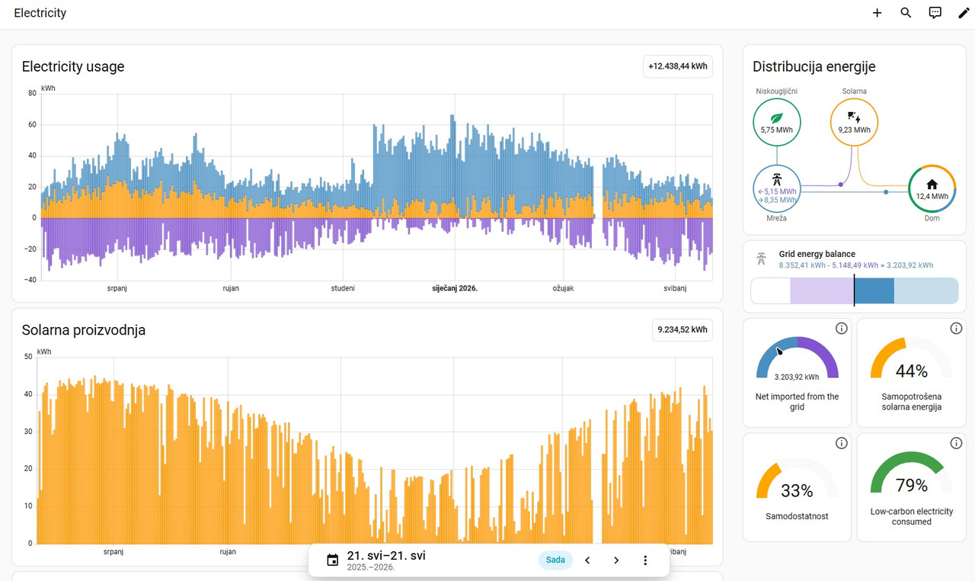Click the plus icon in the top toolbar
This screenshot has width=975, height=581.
point(877,13)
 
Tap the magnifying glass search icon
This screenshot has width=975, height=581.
point(906,13)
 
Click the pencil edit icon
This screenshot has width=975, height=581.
point(964,13)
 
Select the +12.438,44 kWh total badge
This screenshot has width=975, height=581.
point(678,66)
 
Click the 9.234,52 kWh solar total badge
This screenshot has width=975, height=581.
point(682,329)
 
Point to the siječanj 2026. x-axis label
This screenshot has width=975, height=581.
point(455,288)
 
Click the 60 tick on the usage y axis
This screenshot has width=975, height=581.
point(32,124)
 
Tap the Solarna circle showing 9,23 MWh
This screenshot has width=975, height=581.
point(854,122)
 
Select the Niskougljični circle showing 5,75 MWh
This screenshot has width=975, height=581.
point(776,122)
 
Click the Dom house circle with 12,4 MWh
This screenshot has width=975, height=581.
point(932,188)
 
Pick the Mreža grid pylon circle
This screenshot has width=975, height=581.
point(776,188)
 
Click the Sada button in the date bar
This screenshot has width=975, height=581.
point(555,560)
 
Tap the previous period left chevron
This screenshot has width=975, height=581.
point(587,560)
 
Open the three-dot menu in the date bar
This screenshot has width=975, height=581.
point(645,560)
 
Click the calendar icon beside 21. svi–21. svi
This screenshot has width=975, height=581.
point(333,560)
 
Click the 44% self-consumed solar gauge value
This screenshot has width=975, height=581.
point(912,371)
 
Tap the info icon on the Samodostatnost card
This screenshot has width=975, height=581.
point(842,443)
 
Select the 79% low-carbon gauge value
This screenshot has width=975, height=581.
point(912,485)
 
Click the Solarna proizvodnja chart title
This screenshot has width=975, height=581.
point(84,330)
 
